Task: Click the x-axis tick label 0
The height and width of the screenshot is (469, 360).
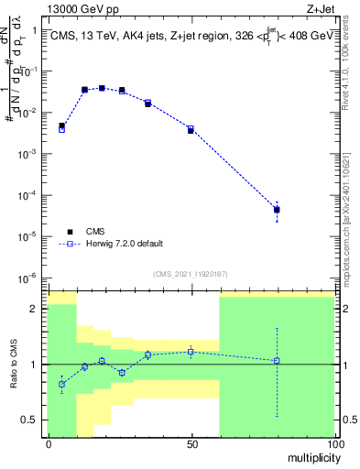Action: [x=48, y=444]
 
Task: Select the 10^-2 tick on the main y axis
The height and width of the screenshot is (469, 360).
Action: [x=33, y=112]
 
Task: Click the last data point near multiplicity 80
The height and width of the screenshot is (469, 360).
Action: [x=277, y=210]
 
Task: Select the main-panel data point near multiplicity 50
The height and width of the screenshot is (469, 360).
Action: [x=191, y=129]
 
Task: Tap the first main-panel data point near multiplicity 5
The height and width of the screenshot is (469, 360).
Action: [x=61, y=127]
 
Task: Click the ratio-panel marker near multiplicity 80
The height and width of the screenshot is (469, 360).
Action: [x=277, y=360]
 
